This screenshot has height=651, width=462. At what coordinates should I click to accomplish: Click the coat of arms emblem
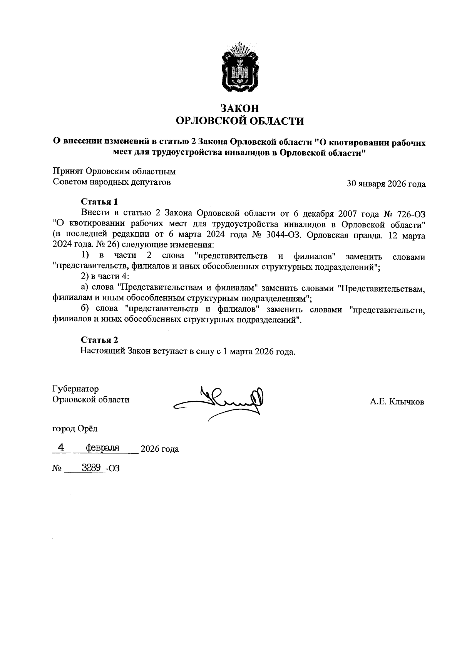[239, 67]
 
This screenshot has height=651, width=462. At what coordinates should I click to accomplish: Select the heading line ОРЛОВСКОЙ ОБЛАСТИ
[239, 122]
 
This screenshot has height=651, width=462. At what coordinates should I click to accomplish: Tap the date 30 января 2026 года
[386, 184]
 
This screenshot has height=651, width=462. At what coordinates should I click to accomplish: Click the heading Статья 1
[99, 202]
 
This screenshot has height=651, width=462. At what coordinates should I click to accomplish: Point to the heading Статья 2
[99, 340]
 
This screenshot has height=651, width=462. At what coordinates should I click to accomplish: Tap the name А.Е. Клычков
[397, 402]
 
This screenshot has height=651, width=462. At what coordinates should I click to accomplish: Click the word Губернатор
[75, 389]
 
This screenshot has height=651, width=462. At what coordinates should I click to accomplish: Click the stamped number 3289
[91, 467]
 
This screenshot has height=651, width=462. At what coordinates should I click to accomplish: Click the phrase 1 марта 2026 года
[259, 352]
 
